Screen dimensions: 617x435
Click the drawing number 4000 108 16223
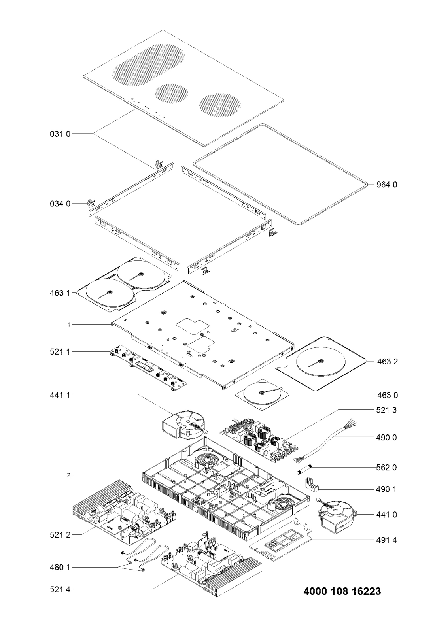342,592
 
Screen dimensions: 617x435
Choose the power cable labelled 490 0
324,445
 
